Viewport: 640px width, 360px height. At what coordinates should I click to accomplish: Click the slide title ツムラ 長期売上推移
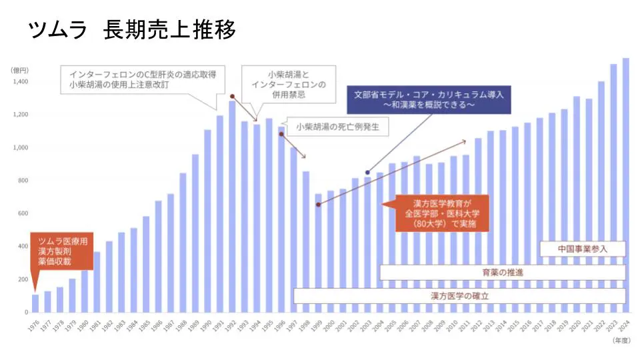pyautogui.click(x=132, y=30)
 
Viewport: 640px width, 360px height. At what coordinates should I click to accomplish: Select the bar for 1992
pyautogui.click(x=232, y=207)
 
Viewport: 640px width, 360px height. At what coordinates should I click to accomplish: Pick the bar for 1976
pyautogui.click(x=35, y=303)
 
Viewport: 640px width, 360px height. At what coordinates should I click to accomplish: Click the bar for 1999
pyautogui.click(x=318, y=253)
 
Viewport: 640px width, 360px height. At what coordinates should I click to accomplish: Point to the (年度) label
pyautogui.click(x=621, y=339)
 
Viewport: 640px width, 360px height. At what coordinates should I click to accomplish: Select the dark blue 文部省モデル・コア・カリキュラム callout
pyautogui.click(x=428, y=100)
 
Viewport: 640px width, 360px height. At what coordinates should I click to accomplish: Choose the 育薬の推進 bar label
pyautogui.click(x=503, y=273)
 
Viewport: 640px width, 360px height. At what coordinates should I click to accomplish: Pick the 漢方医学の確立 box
pyautogui.click(x=459, y=295)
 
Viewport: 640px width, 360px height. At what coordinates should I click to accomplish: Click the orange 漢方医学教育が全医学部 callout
pyautogui.click(x=442, y=213)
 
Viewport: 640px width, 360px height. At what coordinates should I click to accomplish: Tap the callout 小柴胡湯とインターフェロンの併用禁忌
pyautogui.click(x=288, y=85)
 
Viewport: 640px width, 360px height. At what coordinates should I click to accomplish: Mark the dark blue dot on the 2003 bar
pyautogui.click(x=367, y=173)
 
